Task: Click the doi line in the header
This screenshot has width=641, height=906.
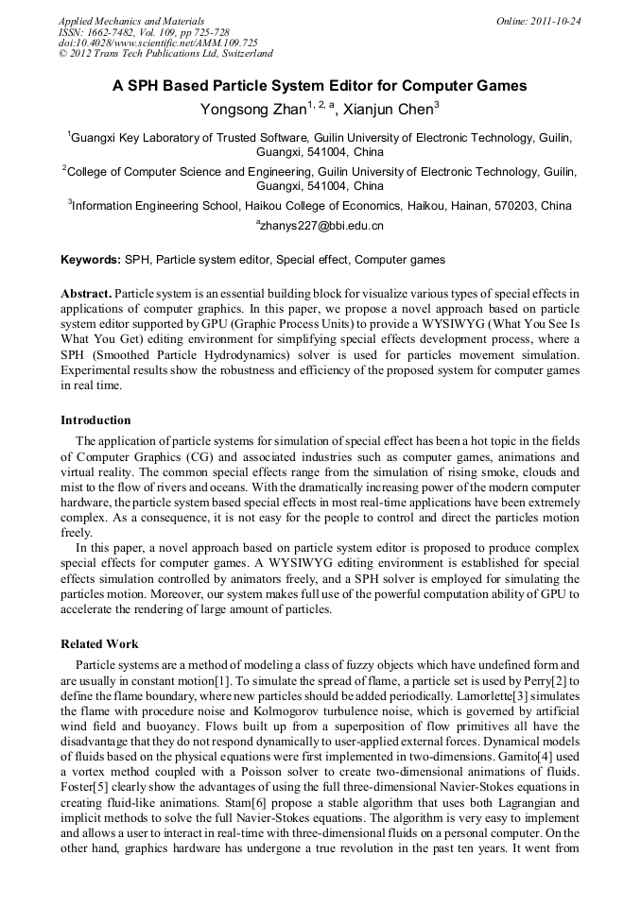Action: tap(158, 43)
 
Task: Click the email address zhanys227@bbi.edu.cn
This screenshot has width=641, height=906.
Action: tap(322, 226)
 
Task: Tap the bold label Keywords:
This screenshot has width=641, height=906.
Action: tap(91, 260)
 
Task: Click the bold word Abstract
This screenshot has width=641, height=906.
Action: tap(86, 294)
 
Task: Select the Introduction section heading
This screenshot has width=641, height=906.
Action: tap(95, 420)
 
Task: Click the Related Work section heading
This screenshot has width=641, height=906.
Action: tap(99, 644)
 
